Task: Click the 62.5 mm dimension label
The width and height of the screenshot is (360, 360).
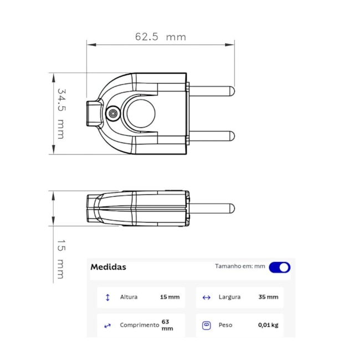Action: click(x=160, y=37)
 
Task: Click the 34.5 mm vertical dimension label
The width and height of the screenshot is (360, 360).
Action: click(x=61, y=113)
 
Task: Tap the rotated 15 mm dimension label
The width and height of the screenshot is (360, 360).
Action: click(x=61, y=259)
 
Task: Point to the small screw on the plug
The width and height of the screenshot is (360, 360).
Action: click(x=113, y=113)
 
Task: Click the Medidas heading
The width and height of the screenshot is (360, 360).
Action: click(x=108, y=267)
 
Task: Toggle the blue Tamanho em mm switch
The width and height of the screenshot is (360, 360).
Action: click(x=280, y=268)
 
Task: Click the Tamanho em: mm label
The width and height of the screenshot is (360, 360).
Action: click(x=240, y=266)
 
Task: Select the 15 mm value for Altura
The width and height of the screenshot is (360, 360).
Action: click(x=169, y=297)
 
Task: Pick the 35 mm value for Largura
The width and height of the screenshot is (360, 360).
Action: click(x=268, y=297)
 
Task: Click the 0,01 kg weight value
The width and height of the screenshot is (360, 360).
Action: click(x=268, y=325)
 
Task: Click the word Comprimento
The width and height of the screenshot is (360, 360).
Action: click(x=139, y=325)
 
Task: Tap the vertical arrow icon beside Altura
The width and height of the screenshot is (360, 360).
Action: click(x=107, y=297)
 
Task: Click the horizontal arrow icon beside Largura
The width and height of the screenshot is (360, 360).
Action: click(x=206, y=297)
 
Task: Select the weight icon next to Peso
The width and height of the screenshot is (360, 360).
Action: click(x=206, y=325)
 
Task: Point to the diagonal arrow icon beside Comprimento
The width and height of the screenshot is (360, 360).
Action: click(x=107, y=326)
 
